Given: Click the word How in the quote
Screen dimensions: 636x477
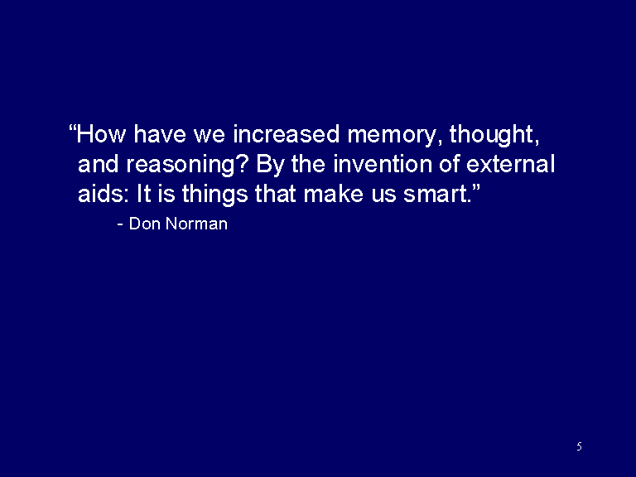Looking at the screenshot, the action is [x=101, y=134].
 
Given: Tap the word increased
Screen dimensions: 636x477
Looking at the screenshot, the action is [x=286, y=134].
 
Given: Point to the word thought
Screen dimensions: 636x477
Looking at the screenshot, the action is [x=492, y=136].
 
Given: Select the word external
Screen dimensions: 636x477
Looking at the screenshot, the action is [x=510, y=164].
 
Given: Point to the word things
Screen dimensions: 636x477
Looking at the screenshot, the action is [x=214, y=195].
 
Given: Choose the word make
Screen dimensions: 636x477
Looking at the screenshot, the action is [x=333, y=194].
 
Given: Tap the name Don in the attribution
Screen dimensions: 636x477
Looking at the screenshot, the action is [x=144, y=224].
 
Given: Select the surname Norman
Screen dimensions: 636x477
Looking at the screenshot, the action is [x=197, y=224].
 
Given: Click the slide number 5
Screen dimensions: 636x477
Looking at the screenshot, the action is [x=579, y=446].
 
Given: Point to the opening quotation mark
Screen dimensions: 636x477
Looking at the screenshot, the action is [x=72, y=128].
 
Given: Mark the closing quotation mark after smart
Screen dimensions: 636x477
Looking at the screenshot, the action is [x=476, y=188].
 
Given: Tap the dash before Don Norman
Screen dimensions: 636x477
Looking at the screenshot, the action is [x=120, y=224].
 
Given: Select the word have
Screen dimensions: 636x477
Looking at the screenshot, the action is [x=159, y=134].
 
